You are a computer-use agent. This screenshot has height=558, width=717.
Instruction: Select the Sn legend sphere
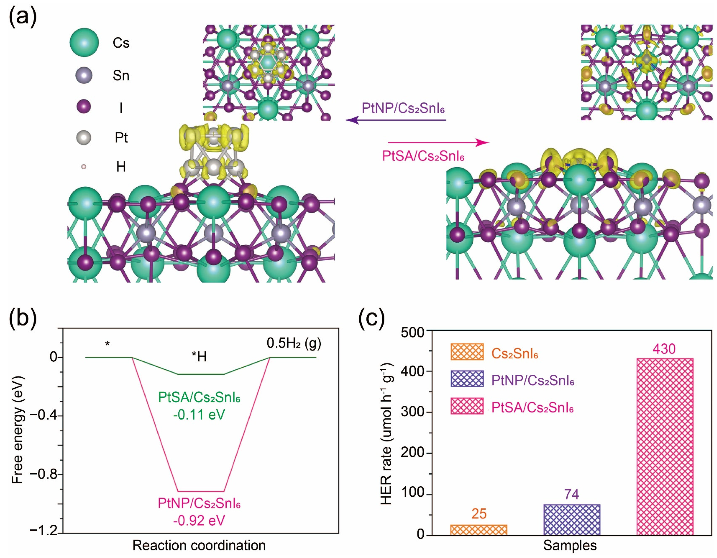[84, 75]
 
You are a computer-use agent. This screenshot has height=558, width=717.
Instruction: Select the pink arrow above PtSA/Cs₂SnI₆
[439, 143]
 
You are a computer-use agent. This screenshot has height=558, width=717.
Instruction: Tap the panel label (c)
[371, 317]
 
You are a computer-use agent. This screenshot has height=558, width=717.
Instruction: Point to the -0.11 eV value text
[199, 415]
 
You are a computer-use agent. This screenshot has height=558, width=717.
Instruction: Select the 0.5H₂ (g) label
[294, 343]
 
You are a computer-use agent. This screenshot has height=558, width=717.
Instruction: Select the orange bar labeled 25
[479, 530]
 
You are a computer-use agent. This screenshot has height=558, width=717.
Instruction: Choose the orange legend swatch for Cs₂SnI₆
[467, 352]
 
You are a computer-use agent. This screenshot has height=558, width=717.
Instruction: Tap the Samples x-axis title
[570, 545]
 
